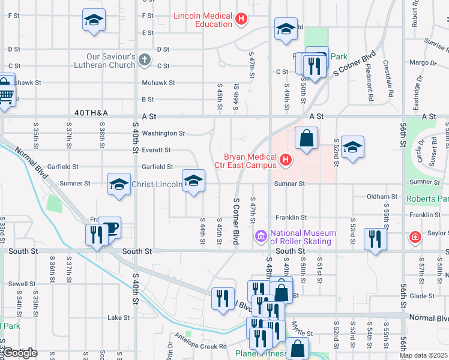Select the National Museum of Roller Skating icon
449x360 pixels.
point(261,237)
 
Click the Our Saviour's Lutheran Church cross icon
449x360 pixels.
point(144,60)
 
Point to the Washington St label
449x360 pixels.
point(164,133)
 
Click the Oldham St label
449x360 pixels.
point(382,196)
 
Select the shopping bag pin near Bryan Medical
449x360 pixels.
point(306,138)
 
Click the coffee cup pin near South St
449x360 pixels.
point(110,227)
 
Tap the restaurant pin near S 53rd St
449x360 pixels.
point(376,239)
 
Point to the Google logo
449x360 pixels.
point(20,353)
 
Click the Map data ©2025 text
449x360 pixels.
point(424,355)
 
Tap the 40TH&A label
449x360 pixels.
point(91,112)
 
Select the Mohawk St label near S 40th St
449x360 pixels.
point(158,83)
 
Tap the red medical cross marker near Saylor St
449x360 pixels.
point(415,238)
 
